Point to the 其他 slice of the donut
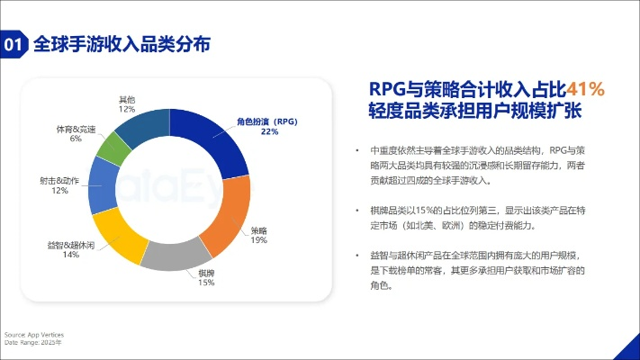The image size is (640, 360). (x=142, y=127)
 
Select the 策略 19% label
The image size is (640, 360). (x=259, y=236)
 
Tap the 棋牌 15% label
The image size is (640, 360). (x=206, y=278)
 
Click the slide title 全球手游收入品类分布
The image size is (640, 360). (x=122, y=43)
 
